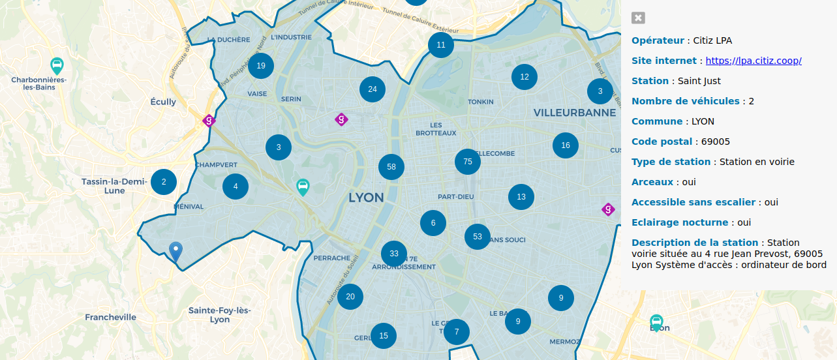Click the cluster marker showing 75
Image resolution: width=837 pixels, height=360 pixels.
click(x=467, y=161)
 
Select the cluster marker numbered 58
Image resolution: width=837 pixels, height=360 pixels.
click(x=391, y=166)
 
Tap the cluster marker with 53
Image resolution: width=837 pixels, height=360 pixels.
click(x=478, y=236)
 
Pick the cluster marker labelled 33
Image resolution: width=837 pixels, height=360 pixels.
click(x=394, y=254)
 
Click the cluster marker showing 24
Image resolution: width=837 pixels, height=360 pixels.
click(x=373, y=89)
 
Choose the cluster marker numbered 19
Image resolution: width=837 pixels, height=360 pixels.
click(x=261, y=65)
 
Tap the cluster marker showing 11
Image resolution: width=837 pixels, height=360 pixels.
click(x=441, y=45)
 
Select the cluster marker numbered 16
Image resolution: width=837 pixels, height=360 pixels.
click(x=566, y=145)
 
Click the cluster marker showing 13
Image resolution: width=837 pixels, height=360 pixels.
click(x=521, y=196)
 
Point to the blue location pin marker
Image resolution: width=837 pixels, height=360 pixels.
click(x=175, y=250)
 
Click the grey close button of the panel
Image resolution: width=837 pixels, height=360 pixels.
click(x=638, y=18)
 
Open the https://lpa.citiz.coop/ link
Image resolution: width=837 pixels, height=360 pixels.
click(x=753, y=61)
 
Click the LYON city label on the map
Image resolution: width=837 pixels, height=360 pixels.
click(x=366, y=198)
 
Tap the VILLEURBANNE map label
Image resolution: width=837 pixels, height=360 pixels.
click(x=574, y=112)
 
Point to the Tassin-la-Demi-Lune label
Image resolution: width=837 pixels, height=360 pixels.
click(x=114, y=186)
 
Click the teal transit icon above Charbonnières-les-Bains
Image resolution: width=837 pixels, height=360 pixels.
click(x=57, y=66)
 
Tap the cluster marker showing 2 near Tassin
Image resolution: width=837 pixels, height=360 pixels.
click(x=164, y=182)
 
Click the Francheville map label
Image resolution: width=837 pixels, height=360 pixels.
click(x=111, y=317)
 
